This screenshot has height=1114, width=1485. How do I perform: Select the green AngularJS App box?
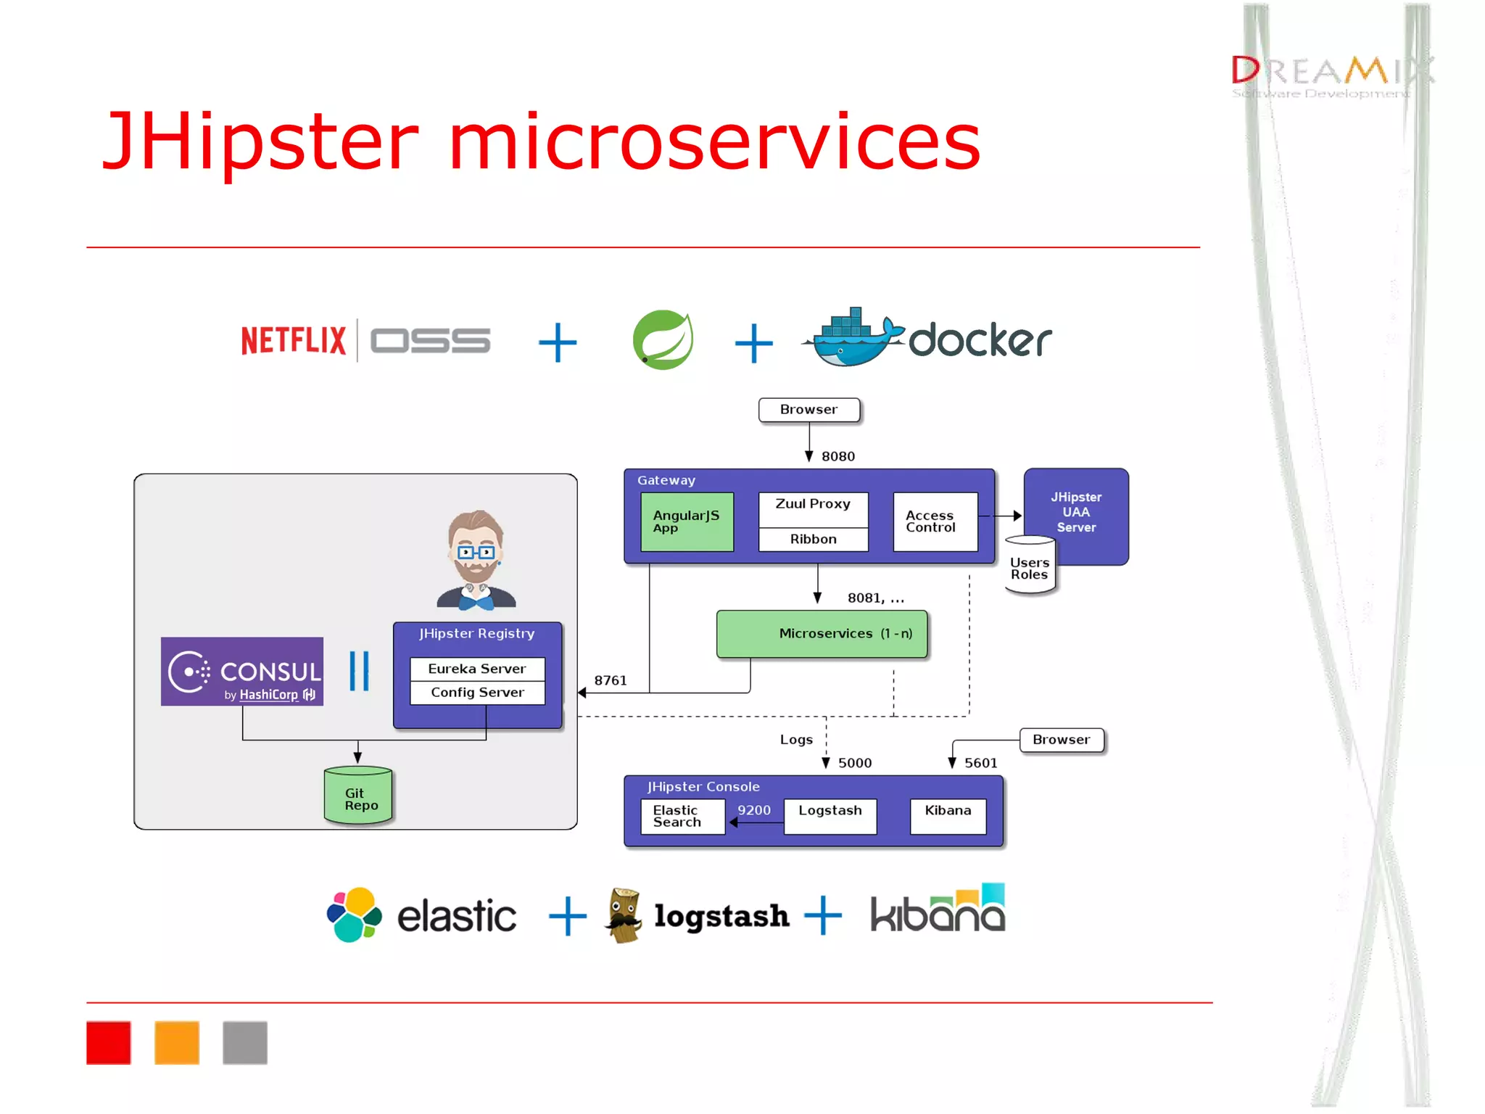click(687, 521)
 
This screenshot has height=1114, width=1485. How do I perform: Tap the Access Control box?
click(935, 521)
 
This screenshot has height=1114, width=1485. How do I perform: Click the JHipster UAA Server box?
click(1076, 511)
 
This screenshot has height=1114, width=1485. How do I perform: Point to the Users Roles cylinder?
click(1030, 567)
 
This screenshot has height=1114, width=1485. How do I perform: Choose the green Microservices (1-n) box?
click(822, 634)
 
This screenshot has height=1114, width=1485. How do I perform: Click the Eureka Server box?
click(477, 669)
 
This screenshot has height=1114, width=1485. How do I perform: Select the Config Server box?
click(477, 693)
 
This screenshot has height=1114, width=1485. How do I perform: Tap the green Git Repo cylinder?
click(358, 797)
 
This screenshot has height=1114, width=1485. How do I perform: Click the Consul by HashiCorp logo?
click(242, 672)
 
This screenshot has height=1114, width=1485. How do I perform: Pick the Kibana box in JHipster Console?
click(948, 816)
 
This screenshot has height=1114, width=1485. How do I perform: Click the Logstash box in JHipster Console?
click(830, 816)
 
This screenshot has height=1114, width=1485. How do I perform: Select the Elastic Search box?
click(682, 817)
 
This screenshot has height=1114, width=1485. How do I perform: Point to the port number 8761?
click(610, 680)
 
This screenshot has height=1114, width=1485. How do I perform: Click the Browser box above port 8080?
click(808, 410)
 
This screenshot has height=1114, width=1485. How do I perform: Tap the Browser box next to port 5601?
click(1062, 740)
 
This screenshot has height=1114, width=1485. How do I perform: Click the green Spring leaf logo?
click(663, 339)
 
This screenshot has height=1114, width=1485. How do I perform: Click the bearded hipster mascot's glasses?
click(476, 553)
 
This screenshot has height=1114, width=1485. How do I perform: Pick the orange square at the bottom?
click(177, 1043)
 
